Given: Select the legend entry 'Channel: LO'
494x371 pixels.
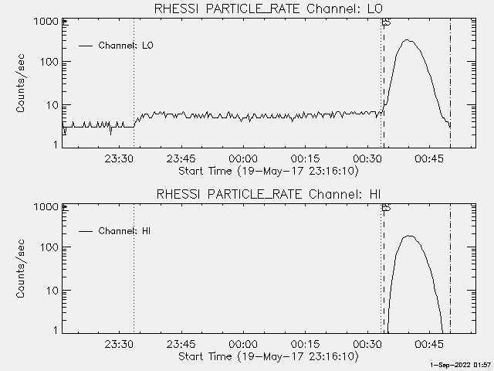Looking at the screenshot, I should [x=126, y=46].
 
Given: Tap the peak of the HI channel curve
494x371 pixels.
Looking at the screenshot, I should [x=409, y=236].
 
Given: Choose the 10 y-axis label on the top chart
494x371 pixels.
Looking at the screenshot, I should [x=51, y=104].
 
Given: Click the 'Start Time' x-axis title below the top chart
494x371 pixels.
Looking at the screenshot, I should [x=268, y=170].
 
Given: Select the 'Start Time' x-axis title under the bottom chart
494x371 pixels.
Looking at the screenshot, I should [x=268, y=356].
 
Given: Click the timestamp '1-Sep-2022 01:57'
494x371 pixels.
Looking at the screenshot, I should [x=461, y=366].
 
